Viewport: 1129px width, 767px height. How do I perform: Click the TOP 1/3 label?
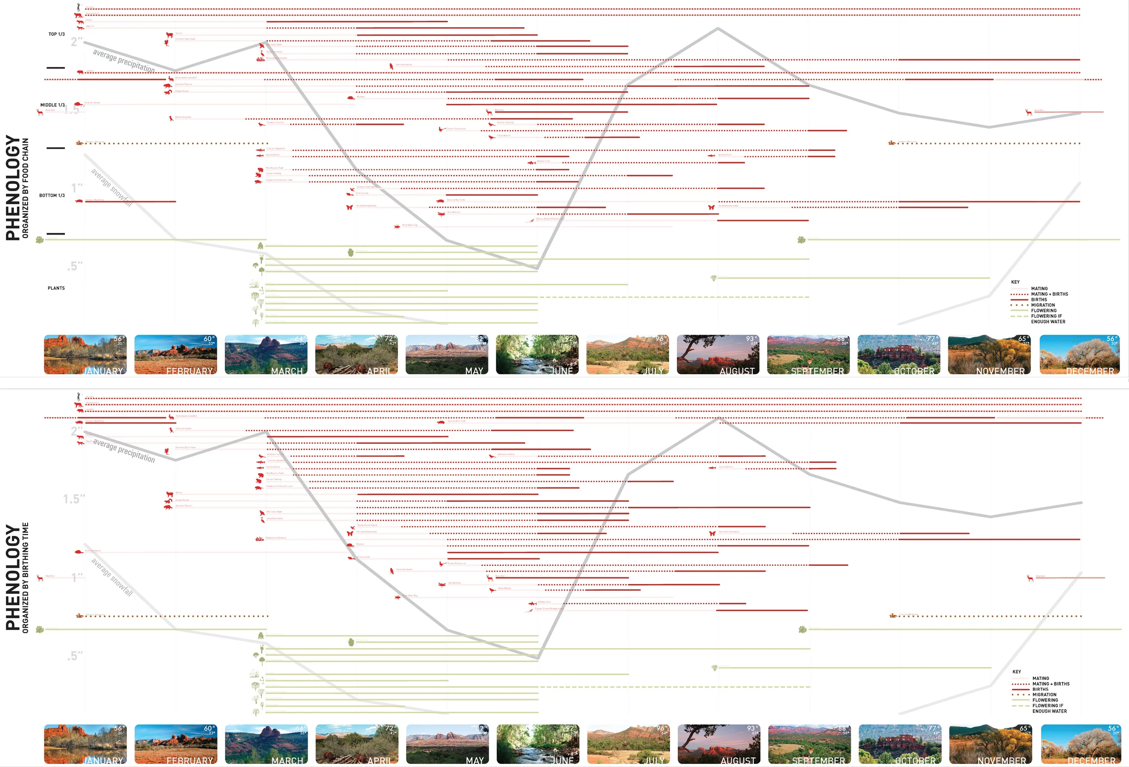[x=56, y=34]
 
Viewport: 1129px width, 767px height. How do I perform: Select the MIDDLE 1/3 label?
[x=52, y=105]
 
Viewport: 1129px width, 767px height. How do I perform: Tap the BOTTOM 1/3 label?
[x=52, y=195]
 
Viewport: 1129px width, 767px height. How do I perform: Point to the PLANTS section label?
[x=56, y=288]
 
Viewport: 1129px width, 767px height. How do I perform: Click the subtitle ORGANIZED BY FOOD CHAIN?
[x=26, y=188]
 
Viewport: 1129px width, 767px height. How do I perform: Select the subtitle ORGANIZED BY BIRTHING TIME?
[x=26, y=578]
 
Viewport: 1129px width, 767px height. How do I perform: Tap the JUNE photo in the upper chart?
[x=537, y=354]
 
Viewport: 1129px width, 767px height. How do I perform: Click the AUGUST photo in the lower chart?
[x=718, y=744]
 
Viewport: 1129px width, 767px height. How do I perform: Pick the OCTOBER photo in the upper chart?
[x=899, y=354]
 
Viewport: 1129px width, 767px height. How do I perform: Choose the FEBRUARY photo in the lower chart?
[x=175, y=744]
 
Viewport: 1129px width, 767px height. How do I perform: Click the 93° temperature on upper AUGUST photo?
[x=751, y=339]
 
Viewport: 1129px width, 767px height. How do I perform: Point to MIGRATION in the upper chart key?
[x=1043, y=305]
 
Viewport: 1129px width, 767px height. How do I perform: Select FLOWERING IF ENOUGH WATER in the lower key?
[x=1050, y=708]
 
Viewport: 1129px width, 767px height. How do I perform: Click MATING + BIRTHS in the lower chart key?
[x=1051, y=684]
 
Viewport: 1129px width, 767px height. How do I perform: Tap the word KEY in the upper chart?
[x=1015, y=282]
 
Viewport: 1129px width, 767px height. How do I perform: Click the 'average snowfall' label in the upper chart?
[x=112, y=188]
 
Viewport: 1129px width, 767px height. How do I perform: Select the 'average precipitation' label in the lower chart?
[x=124, y=451]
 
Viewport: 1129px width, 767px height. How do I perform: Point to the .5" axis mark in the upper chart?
[x=75, y=266]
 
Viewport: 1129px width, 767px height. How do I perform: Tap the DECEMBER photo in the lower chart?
[x=1080, y=744]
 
